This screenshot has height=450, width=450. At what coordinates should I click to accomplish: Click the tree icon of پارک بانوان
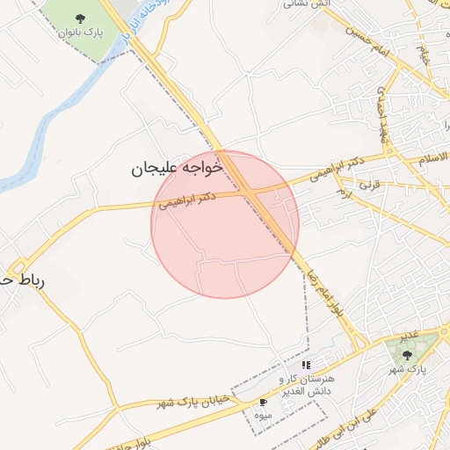(81, 18)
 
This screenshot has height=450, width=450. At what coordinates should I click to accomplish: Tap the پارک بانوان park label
(81, 33)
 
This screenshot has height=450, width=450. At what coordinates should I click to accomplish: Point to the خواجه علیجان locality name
(178, 167)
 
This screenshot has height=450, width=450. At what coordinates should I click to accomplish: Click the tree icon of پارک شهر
(406, 354)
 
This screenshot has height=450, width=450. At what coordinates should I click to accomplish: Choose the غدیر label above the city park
(410, 337)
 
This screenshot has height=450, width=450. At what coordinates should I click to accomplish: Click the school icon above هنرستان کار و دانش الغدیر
(306, 364)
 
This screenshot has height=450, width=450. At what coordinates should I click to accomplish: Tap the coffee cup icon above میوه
(263, 402)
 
